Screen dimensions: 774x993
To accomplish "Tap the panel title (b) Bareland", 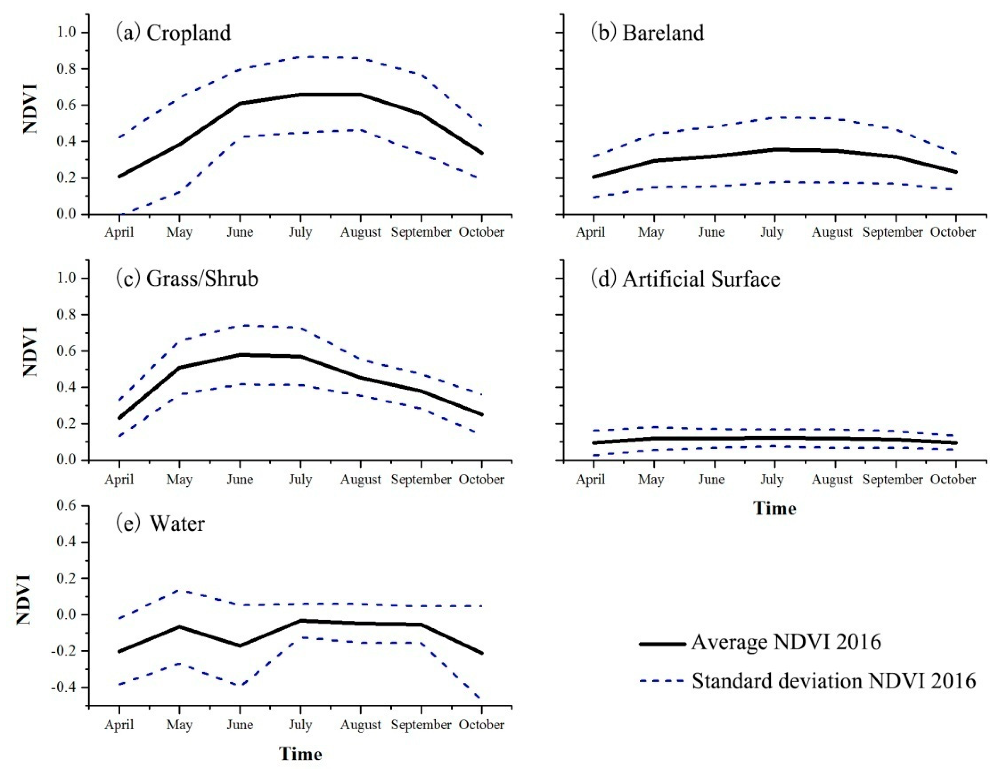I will coord(647,33).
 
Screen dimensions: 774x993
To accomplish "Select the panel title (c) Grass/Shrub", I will coord(187,279).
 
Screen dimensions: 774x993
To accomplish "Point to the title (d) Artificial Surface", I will coord(685,279).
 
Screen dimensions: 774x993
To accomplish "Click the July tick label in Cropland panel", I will coord(300,232).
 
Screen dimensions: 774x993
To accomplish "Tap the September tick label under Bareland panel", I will coord(892,232).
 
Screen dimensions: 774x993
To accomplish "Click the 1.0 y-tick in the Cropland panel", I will coord(69,33).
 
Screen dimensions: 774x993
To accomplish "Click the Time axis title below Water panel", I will coord(300,754).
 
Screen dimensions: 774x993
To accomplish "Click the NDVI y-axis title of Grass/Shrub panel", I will coord(30,351).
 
